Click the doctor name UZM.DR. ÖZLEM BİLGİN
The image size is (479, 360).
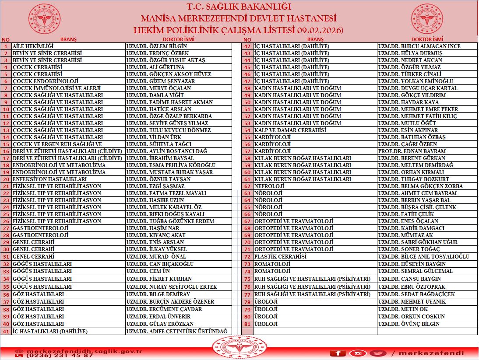(156, 46)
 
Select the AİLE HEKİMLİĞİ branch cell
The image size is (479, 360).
(33, 46)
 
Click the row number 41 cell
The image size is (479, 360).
(6, 331)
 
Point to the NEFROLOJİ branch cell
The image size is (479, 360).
(266, 186)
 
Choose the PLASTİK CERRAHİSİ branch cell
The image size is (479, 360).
(280, 256)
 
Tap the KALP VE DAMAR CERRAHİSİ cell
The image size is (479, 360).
(290, 130)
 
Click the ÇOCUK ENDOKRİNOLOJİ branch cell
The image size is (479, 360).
(45, 81)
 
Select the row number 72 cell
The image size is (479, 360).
(247, 256)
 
